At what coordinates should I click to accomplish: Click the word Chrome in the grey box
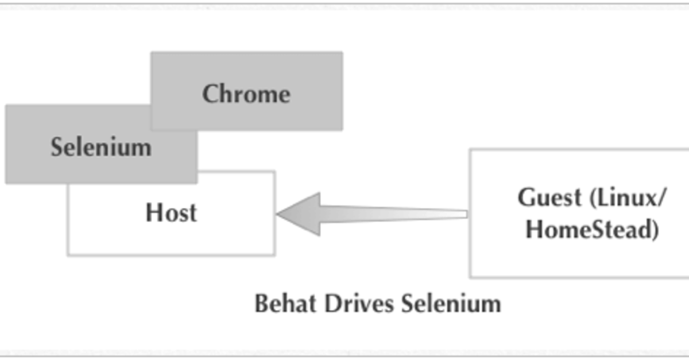pyautogui.click(x=246, y=94)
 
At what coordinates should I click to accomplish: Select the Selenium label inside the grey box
pyautogui.click(x=101, y=148)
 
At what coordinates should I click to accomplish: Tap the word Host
pyautogui.click(x=171, y=213)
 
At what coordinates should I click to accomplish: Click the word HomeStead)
pyautogui.click(x=592, y=229)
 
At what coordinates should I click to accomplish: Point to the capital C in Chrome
pyautogui.click(x=210, y=94)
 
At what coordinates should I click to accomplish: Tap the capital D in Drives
pyautogui.click(x=332, y=303)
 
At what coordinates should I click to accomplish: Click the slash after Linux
pyautogui.click(x=662, y=198)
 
